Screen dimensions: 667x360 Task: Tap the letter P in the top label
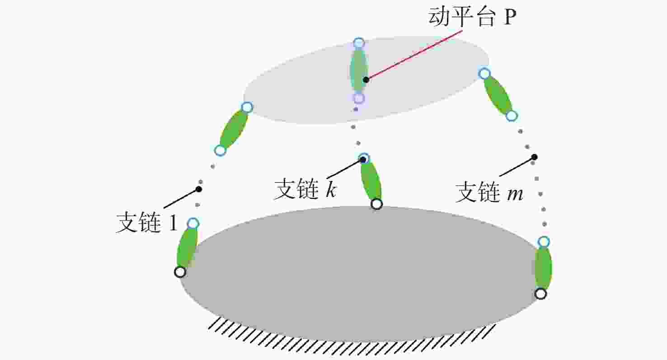click(x=509, y=17)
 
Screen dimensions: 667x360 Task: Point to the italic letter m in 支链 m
click(x=515, y=194)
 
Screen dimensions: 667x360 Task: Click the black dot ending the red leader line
click(x=366, y=80)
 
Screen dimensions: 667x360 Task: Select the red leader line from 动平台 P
click(x=414, y=55)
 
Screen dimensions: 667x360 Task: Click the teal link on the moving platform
click(x=359, y=70)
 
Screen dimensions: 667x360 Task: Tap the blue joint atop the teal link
click(x=359, y=43)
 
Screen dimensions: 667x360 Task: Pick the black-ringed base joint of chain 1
click(x=180, y=272)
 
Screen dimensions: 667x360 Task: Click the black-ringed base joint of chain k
click(x=377, y=204)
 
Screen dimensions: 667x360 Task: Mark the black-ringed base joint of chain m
click(x=540, y=294)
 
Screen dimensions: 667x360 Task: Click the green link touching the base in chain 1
click(x=187, y=248)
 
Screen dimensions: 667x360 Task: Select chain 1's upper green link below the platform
click(x=234, y=129)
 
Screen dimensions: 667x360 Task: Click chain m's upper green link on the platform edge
click(x=498, y=94)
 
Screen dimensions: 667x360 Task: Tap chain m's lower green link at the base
click(x=544, y=268)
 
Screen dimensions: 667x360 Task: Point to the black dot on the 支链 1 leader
click(x=199, y=189)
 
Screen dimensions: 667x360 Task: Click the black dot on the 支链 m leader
click(x=535, y=157)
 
